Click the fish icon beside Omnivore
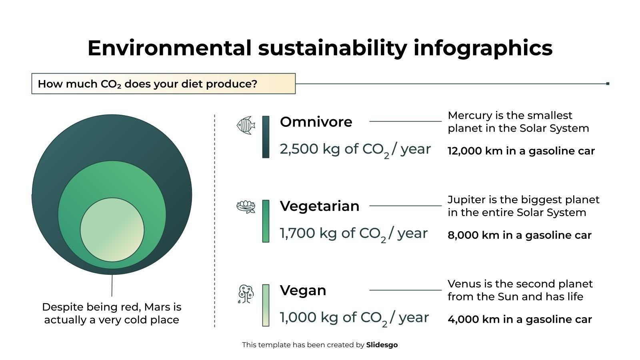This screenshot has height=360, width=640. point(246,125)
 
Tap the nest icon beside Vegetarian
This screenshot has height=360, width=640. point(246,206)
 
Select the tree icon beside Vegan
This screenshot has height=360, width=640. point(246,294)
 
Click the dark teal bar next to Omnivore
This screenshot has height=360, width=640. point(266,137)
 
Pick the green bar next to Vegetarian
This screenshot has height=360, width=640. point(266,221)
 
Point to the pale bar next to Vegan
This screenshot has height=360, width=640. point(266,305)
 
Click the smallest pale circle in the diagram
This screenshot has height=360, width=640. point(112,230)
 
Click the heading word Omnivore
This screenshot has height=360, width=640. point(316,122)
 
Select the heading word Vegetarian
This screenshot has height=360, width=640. point(320,206)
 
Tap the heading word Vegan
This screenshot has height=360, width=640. point(303,290)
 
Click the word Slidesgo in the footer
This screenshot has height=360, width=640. point(382,345)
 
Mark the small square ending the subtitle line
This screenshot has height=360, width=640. point(608,84)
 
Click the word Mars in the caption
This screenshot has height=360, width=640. point(157,307)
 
